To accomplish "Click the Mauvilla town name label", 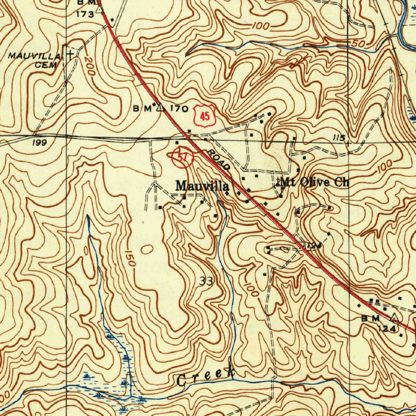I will click(x=202, y=186).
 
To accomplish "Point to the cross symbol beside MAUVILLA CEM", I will click(x=71, y=54).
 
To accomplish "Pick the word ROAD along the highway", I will click(x=219, y=160).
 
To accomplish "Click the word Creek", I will click(x=206, y=377).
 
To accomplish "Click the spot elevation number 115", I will click(x=338, y=138).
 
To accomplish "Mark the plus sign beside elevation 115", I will click(x=348, y=143).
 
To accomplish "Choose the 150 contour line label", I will click(x=130, y=258).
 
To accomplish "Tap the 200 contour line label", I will click(x=89, y=67).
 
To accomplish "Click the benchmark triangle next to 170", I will click(x=160, y=108).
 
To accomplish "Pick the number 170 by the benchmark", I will click(x=179, y=108).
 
